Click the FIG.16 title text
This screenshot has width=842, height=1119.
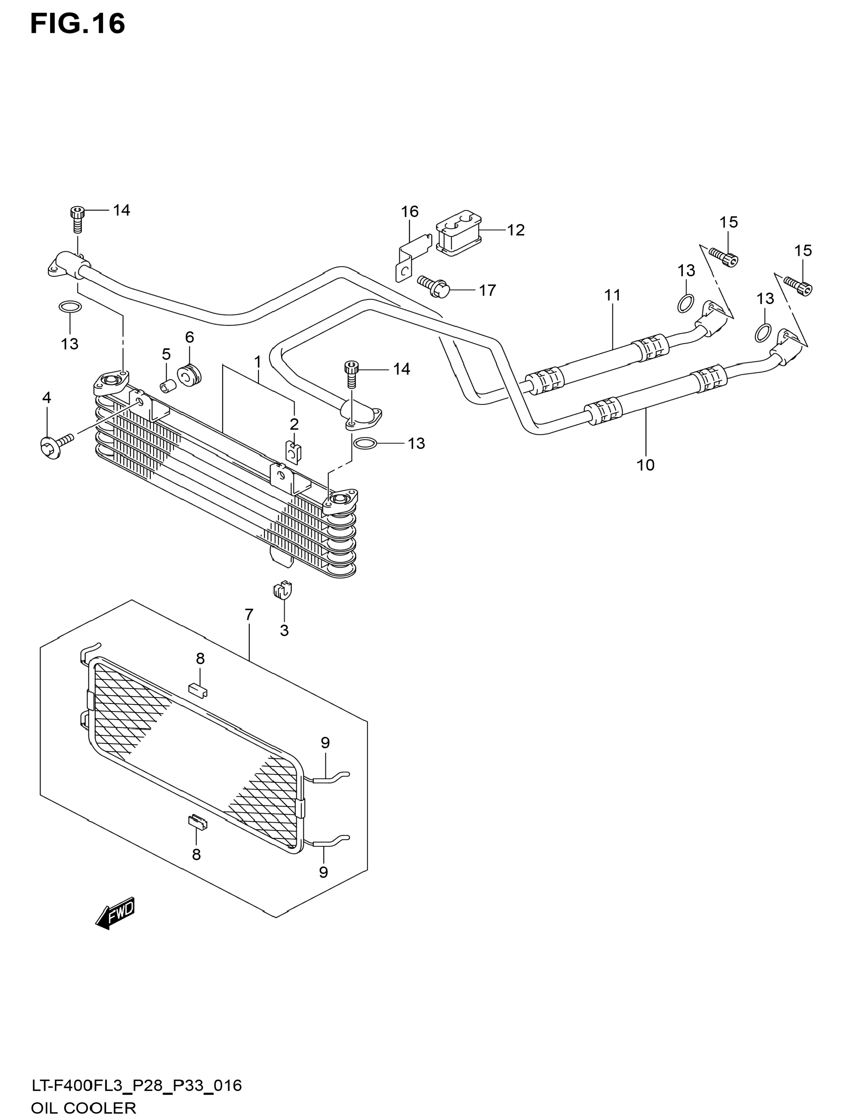click(x=77, y=24)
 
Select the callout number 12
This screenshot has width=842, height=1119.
click(x=516, y=230)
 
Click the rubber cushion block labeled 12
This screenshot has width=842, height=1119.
click(x=458, y=234)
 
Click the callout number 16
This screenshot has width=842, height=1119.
click(x=410, y=211)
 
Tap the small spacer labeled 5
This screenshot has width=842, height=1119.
click(x=168, y=385)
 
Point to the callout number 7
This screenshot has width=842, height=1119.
click(x=249, y=615)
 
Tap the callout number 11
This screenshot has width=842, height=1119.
click(x=612, y=295)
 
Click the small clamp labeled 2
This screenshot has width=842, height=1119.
click(x=293, y=452)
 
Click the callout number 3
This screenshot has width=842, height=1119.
click(x=284, y=630)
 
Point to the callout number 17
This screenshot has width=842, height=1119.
click(x=487, y=290)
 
